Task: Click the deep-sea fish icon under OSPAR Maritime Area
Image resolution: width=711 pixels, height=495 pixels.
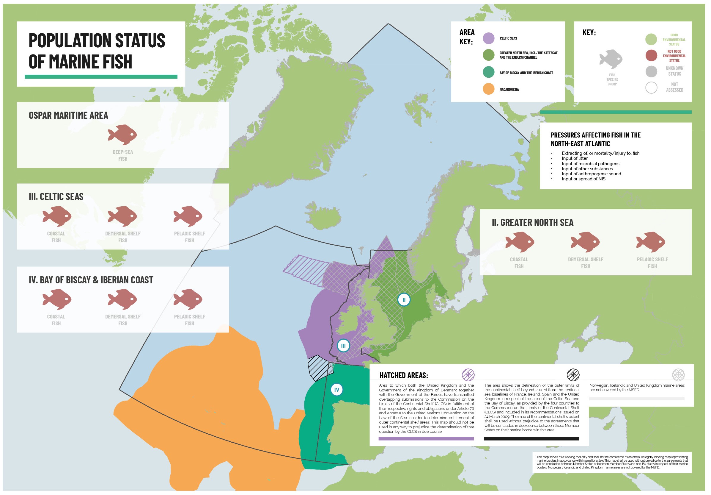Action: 123,135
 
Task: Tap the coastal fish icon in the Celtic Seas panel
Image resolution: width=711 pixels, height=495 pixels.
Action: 57,216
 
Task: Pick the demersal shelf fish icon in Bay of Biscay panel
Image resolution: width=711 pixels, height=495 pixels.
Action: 123,300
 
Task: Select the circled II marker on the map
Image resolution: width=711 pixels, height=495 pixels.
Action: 405,301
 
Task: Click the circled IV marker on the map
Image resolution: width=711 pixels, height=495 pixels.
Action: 338,391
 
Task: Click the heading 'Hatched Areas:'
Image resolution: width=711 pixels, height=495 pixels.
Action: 405,376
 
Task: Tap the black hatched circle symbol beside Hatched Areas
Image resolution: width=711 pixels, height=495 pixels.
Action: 575,376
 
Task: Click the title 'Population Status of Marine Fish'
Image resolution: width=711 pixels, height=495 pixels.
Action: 97,51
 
